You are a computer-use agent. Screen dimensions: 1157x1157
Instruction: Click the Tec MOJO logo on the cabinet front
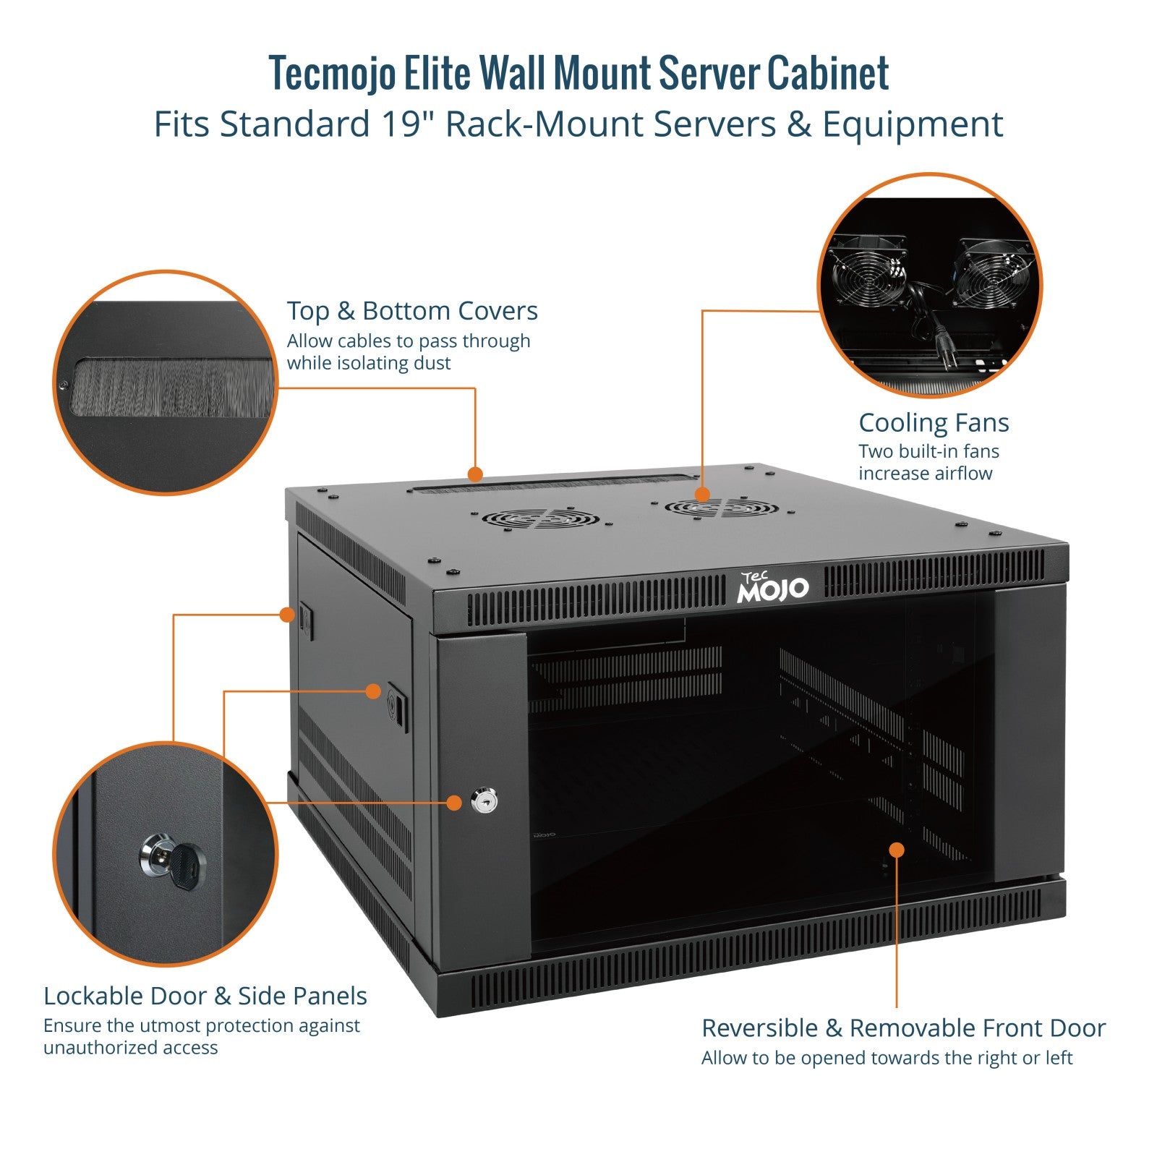coord(773,587)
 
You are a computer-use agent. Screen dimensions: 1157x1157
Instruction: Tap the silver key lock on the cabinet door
coord(481,801)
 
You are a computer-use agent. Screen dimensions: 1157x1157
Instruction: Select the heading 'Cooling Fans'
coord(934,423)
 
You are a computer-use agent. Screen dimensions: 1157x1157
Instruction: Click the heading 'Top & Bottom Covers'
coord(412,311)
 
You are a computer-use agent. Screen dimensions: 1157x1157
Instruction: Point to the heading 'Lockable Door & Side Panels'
coord(205,996)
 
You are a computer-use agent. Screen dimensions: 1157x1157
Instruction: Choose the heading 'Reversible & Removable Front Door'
coord(904,1028)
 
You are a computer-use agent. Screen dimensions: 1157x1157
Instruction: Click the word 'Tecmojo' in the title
coord(333,73)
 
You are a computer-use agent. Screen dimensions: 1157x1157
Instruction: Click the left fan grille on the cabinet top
coord(542,518)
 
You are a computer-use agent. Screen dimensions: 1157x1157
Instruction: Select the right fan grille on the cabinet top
coord(722,507)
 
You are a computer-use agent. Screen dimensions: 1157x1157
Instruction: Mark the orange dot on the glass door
coord(897,849)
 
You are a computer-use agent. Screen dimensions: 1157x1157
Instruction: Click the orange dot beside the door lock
coord(454,803)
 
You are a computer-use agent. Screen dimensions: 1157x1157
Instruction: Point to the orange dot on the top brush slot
coord(475,474)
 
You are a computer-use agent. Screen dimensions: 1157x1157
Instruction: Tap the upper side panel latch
coord(306,620)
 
